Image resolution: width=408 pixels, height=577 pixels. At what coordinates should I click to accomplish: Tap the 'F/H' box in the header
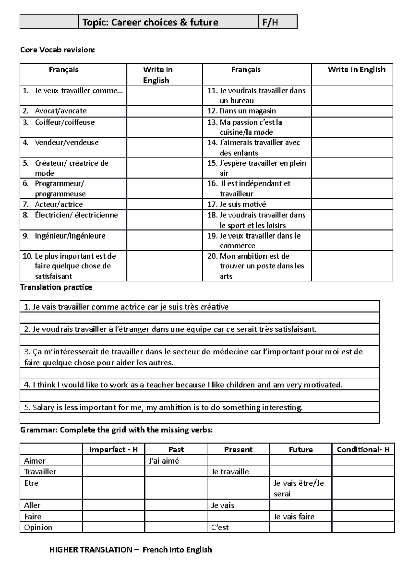270,22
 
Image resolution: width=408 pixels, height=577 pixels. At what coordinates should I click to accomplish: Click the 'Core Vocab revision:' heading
57,50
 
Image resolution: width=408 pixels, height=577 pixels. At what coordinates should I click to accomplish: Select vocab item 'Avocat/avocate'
61,111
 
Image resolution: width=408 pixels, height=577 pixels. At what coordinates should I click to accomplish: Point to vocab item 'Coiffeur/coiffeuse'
65,122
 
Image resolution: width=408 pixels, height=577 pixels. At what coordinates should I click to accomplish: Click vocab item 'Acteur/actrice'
58,204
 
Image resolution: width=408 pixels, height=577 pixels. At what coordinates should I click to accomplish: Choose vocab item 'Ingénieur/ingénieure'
70,236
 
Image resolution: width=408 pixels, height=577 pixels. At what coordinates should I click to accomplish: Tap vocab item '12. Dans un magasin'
242,111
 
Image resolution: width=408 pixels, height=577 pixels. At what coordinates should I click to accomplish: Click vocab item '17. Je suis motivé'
237,204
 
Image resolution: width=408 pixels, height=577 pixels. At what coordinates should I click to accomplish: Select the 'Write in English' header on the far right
356,70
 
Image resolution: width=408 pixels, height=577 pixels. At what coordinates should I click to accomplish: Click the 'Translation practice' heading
56,287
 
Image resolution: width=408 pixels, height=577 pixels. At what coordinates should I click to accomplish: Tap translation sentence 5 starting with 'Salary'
164,407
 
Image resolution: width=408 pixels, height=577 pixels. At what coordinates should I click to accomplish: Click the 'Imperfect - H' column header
113,450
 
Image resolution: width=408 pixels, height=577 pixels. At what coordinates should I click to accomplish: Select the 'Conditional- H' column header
363,450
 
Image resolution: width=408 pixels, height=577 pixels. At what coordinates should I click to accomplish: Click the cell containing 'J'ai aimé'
164,461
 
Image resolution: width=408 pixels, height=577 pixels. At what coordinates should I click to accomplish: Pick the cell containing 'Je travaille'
230,472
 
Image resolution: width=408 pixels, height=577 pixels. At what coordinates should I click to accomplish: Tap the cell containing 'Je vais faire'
294,517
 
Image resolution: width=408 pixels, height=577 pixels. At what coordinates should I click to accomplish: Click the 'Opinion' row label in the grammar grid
38,527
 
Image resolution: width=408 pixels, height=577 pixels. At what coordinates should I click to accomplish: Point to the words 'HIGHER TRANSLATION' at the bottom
90,549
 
